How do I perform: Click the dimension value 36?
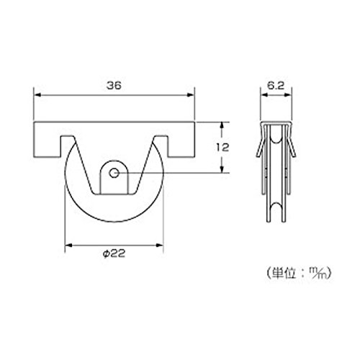[x=114, y=86]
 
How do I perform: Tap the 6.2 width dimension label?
[x=276, y=86]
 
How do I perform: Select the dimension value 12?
[x=222, y=148]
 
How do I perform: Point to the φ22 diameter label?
[x=114, y=253]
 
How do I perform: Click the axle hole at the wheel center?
[x=114, y=173]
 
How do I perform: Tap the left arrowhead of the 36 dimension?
[x=37, y=95]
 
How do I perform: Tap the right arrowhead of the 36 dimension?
[x=191, y=95]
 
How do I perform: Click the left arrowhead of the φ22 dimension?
[x=69, y=246]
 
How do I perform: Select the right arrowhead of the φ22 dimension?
[x=160, y=246]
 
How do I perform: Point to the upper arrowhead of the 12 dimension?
[x=222, y=125]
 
